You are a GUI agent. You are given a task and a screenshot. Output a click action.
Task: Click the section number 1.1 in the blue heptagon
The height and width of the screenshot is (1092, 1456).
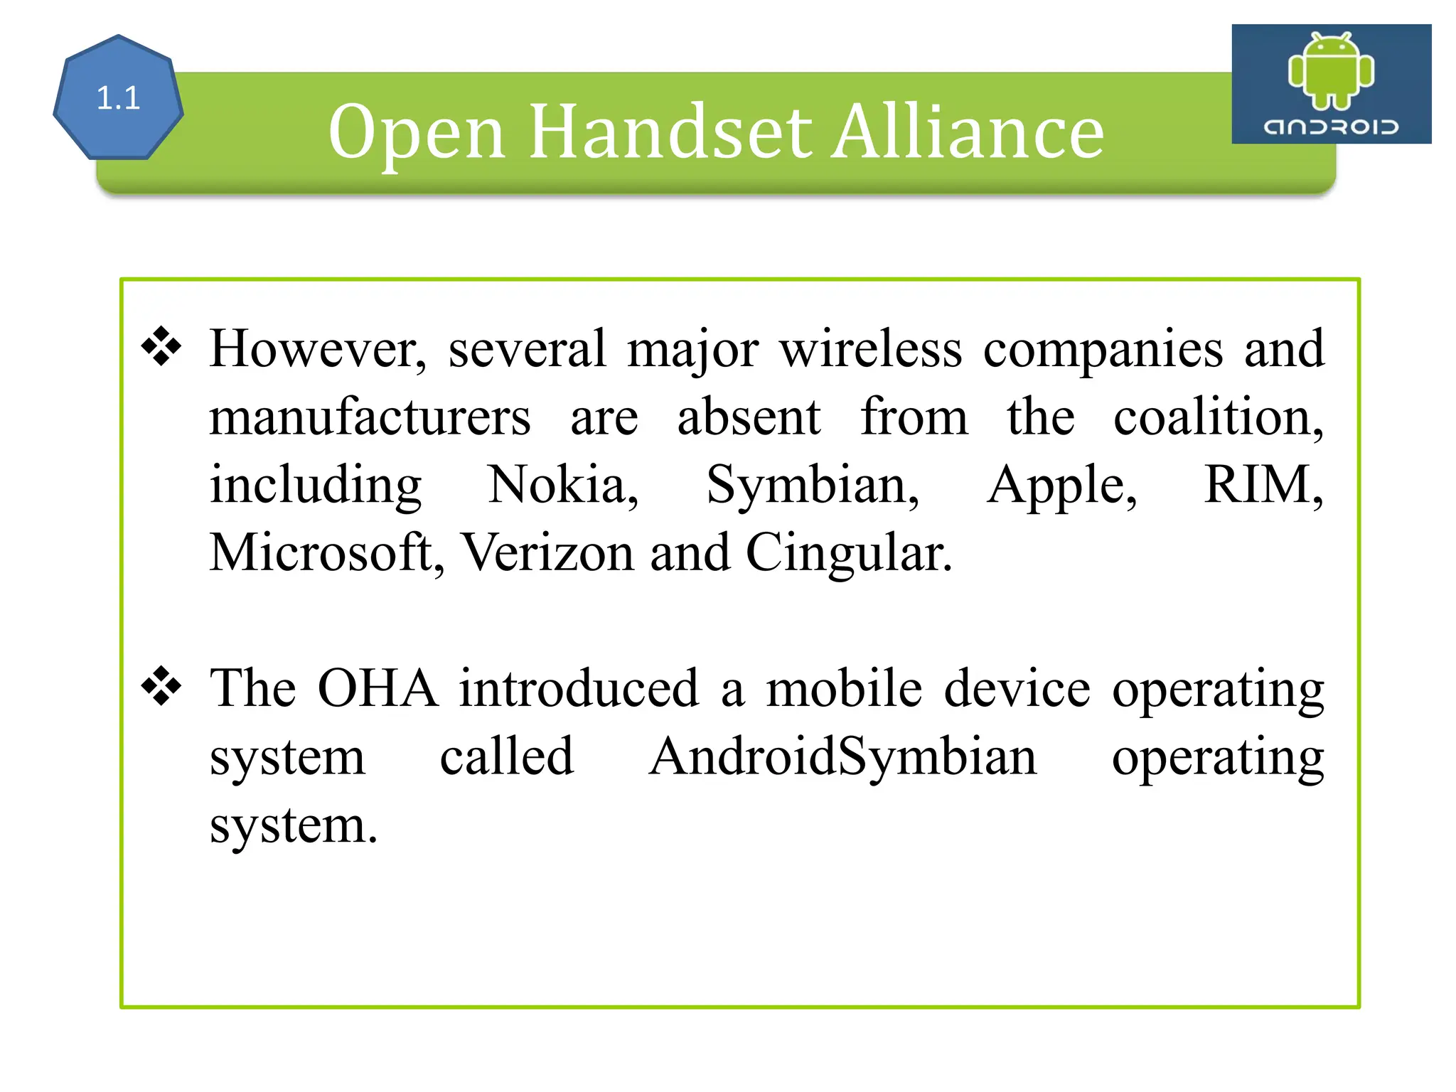tap(118, 98)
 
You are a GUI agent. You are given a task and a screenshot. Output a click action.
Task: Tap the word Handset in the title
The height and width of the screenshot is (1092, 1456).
tap(670, 132)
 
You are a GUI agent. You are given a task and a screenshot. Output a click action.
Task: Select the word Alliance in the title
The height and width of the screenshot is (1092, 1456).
tap(968, 132)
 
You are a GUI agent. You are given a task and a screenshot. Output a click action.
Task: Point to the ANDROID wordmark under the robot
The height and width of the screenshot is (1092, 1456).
tap(1331, 127)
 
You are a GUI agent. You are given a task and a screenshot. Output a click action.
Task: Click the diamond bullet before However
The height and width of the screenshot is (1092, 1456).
tap(162, 347)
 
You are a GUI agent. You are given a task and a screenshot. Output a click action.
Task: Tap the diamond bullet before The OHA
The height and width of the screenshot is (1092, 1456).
tap(162, 687)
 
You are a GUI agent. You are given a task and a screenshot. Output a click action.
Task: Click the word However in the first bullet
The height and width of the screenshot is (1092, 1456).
tap(318, 349)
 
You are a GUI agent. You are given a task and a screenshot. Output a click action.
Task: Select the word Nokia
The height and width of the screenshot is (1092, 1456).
tap(562, 485)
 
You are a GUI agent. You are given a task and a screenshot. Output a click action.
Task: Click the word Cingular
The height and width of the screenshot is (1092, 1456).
tap(848, 554)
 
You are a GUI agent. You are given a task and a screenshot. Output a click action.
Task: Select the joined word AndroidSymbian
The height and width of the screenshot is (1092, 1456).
tap(842, 757)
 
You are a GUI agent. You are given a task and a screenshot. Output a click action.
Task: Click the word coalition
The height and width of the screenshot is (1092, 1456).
tap(1217, 417)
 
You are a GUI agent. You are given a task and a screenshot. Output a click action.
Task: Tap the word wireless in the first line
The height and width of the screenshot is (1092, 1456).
tap(871, 349)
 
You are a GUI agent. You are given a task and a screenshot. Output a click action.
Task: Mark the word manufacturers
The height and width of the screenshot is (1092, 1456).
tap(370, 417)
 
